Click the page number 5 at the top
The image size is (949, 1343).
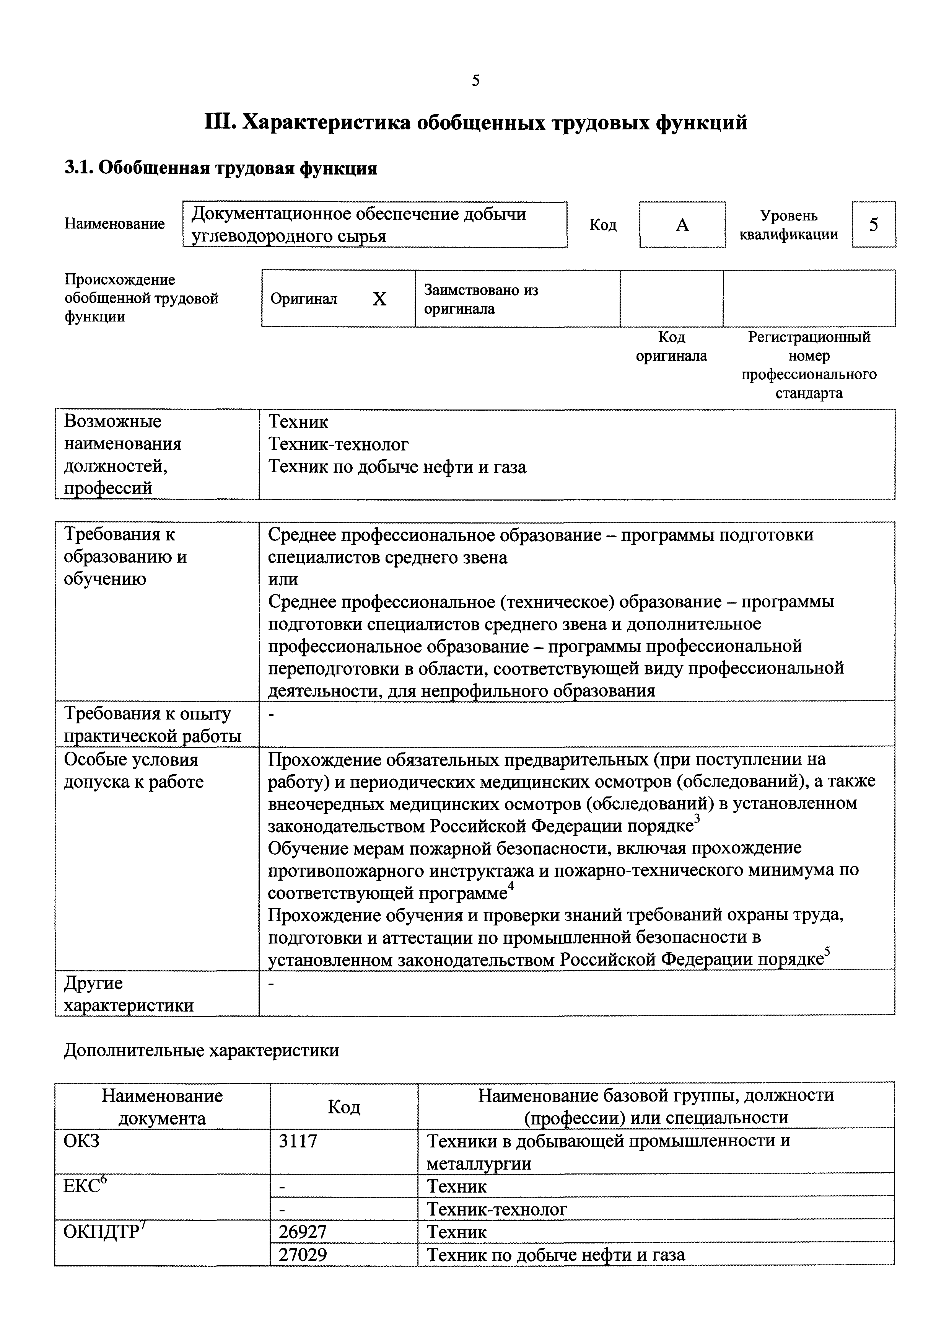pos(475,81)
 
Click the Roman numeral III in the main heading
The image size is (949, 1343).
pos(219,123)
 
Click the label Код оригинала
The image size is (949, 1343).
pos(671,346)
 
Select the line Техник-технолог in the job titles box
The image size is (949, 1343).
pos(338,445)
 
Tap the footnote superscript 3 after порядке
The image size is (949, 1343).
pos(697,819)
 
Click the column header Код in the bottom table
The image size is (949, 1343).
pos(344,1107)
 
